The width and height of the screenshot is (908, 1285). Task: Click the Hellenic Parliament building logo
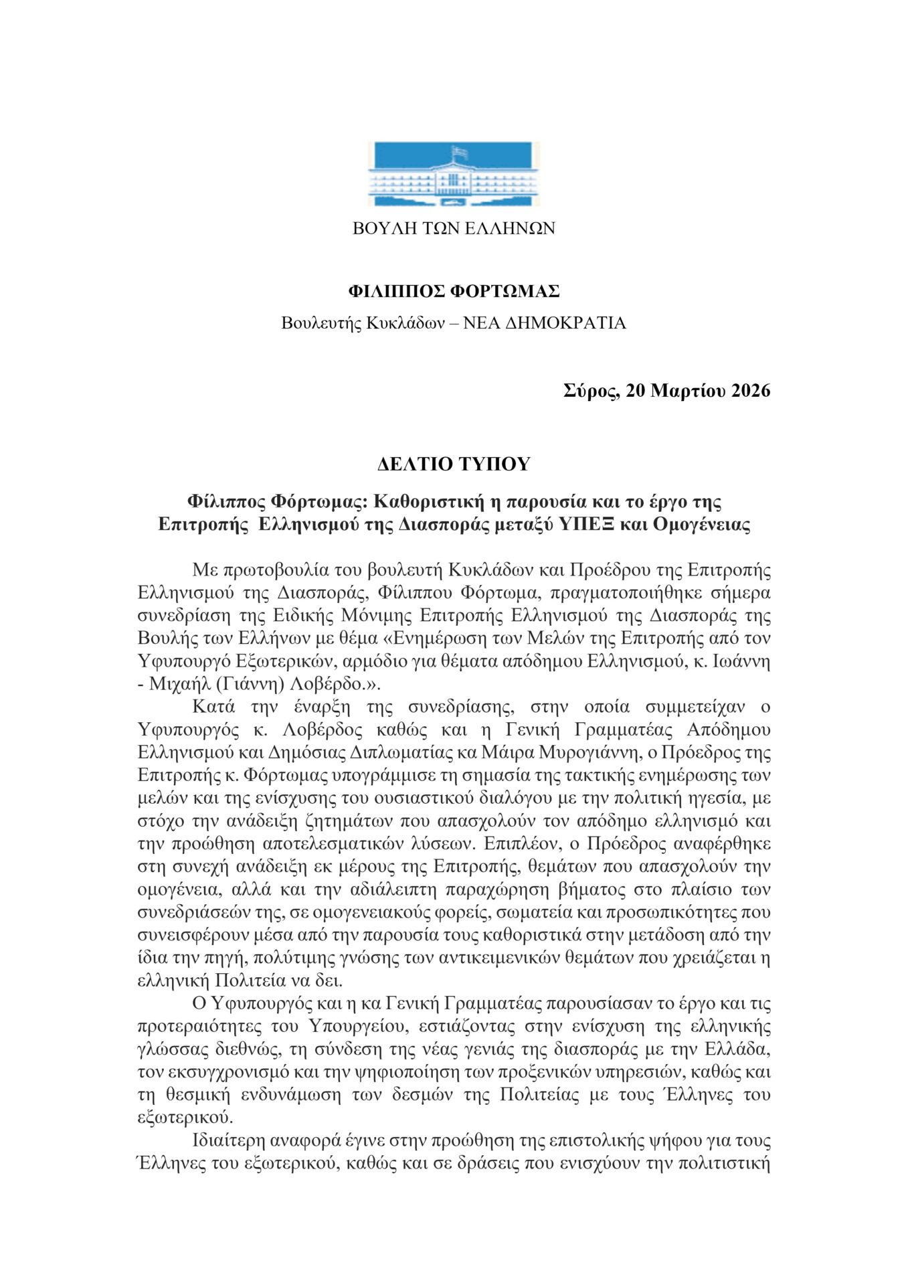(x=454, y=175)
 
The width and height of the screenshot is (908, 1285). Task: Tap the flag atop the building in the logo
(x=458, y=152)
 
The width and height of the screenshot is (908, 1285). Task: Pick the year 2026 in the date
(x=751, y=391)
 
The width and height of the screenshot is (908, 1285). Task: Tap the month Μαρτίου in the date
(x=689, y=391)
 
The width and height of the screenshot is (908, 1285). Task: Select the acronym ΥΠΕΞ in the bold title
(x=581, y=524)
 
